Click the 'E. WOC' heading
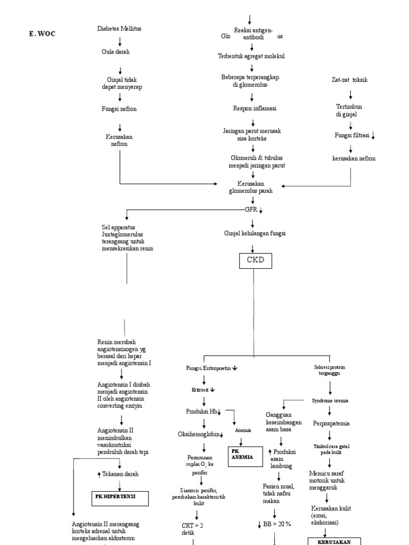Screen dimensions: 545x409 [x=42, y=34]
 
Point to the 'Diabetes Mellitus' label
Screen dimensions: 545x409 [x=120, y=29]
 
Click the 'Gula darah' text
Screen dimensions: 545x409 [x=116, y=52]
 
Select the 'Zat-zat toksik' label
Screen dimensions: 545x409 [x=350, y=80]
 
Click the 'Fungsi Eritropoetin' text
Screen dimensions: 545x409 [x=208, y=368]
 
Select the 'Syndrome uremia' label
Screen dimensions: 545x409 [x=330, y=400]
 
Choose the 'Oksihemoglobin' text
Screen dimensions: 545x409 [x=199, y=434]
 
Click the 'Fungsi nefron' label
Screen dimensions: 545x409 [x=119, y=109]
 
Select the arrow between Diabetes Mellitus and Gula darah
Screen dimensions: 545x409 [x=120, y=40]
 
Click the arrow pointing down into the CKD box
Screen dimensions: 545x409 [x=252, y=246]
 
